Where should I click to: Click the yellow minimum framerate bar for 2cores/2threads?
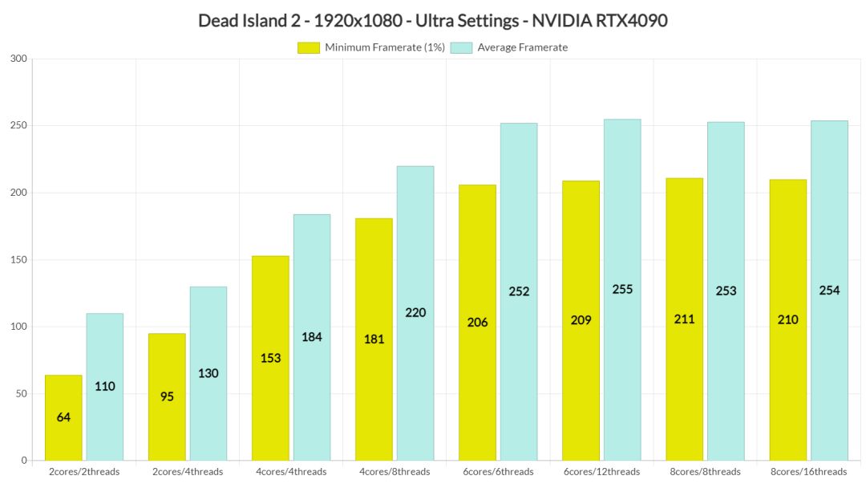pos(63,417)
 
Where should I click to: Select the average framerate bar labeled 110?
pos(105,386)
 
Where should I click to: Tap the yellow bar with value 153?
pos(270,358)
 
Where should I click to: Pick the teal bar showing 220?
pos(415,313)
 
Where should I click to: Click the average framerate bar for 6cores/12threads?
pos(622,289)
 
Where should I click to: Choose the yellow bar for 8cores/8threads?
pos(684,319)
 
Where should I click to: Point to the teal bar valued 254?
pos(829,290)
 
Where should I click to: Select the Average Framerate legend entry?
pos(522,47)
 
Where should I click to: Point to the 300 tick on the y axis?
pos(18,59)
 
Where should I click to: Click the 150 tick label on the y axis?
pos(18,260)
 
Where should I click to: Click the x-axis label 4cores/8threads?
pos(395,472)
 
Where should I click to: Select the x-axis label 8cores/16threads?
pos(808,472)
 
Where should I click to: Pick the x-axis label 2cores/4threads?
pos(188,472)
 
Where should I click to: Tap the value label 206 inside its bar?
pos(477,323)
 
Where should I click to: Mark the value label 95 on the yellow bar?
pos(167,396)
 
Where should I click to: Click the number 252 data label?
pos(519,291)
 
